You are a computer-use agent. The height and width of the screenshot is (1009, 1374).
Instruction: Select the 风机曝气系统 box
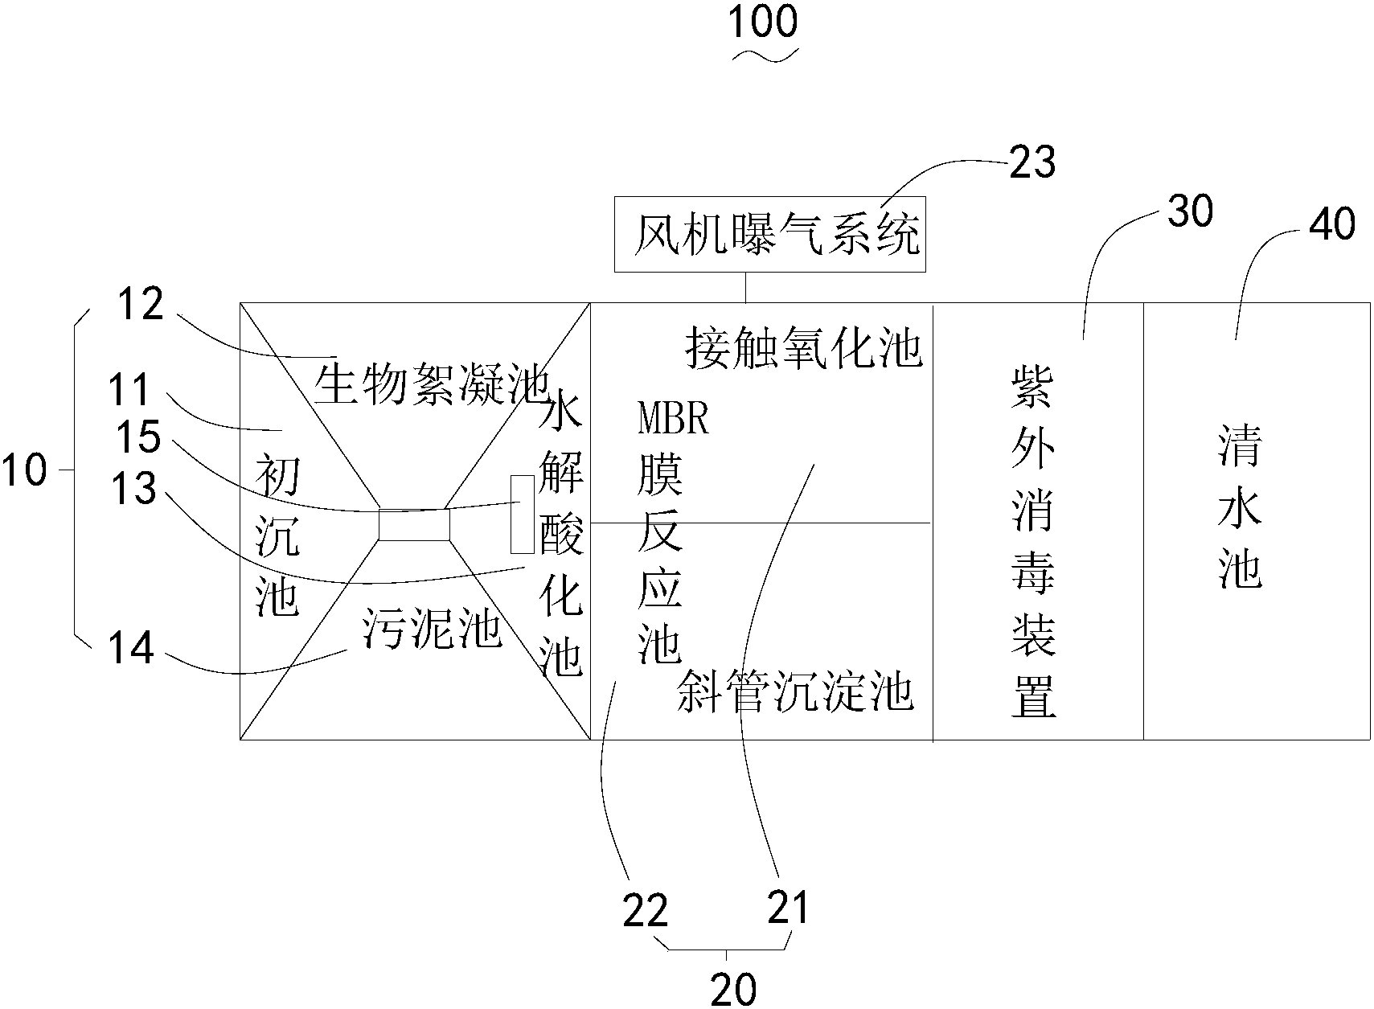pos(769,234)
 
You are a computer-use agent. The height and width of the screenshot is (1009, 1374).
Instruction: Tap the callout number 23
pos(1032,163)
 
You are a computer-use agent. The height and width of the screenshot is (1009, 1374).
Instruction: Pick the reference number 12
pos(141,306)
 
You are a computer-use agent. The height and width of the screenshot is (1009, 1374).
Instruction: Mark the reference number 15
pos(138,437)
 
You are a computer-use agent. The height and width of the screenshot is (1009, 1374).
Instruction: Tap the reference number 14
pos(131,649)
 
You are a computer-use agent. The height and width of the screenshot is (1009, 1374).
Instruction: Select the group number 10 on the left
pos(24,470)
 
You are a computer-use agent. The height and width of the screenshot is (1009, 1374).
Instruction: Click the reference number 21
pos(788,909)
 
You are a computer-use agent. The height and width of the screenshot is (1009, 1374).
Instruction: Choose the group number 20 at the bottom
pos(733,990)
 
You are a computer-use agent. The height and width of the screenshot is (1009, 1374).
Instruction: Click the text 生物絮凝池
pos(430,384)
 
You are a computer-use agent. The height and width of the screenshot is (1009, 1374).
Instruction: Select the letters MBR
pos(673,420)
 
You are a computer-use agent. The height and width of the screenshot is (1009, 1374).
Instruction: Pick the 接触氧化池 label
pos(803,348)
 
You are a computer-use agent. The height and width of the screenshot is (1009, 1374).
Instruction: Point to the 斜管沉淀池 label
pos(795,691)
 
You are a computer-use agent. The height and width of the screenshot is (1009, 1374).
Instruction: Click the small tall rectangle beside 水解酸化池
pos(522,514)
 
